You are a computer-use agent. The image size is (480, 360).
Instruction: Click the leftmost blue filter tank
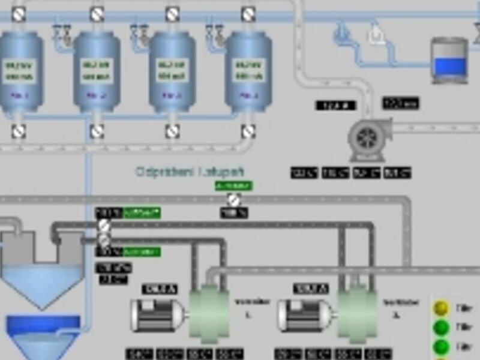coord(20,72)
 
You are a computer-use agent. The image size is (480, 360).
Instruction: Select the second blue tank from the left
coord(97,72)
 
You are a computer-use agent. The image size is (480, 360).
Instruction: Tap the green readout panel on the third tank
coord(172,71)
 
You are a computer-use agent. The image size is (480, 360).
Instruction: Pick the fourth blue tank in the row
coord(248,72)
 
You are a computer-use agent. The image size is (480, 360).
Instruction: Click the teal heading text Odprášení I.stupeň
coord(190,172)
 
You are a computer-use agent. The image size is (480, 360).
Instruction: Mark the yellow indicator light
coord(442,308)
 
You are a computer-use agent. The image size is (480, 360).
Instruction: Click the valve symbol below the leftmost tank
coord(19,131)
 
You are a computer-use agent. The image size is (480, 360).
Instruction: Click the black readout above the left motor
coord(160,289)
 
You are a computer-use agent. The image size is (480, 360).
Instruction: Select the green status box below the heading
coord(233,186)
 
